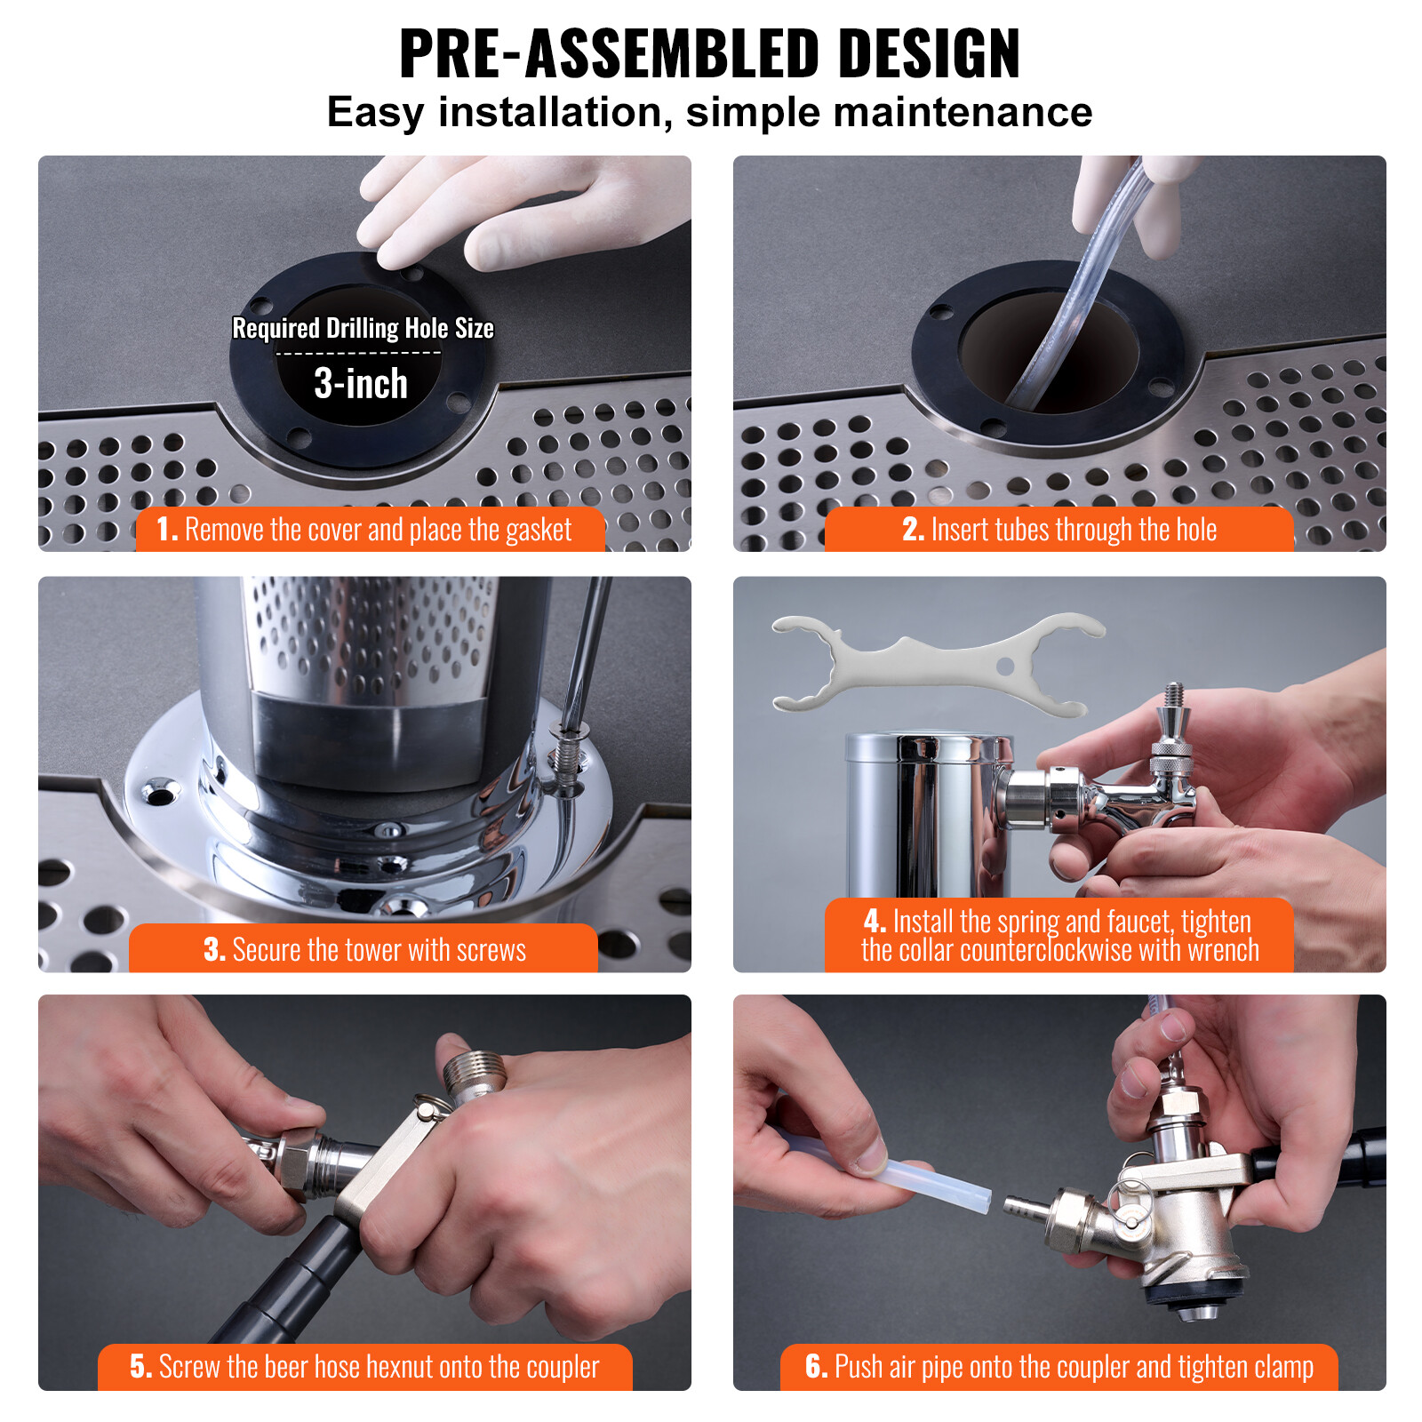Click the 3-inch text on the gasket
coord(361,384)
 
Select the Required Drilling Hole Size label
coord(363,329)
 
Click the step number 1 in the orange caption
coord(165,530)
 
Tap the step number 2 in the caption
coord(912,530)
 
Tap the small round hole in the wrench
coord(1005,666)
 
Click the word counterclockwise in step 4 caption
coord(1047,951)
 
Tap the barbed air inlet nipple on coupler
coord(1025,1207)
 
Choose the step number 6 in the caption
coord(816,1367)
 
